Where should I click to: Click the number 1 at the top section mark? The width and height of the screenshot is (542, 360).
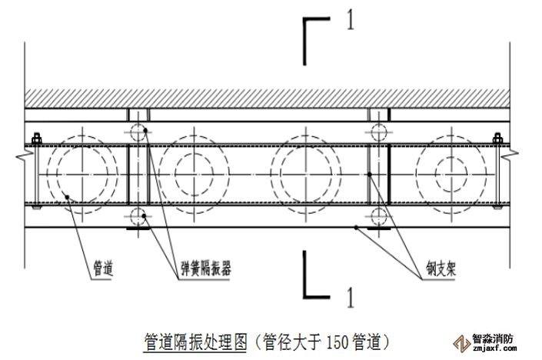click(351, 21)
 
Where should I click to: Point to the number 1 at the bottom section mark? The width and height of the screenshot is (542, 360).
click(351, 293)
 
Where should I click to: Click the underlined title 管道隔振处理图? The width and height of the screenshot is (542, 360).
click(196, 338)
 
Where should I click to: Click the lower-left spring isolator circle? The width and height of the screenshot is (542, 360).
click(138, 215)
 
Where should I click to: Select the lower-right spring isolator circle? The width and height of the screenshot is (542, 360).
click(378, 215)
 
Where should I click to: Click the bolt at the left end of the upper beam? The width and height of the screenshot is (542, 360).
click(35, 140)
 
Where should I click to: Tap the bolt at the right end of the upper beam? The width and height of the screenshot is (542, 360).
click(497, 140)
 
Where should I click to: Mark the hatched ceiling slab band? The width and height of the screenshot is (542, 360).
click(269, 98)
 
